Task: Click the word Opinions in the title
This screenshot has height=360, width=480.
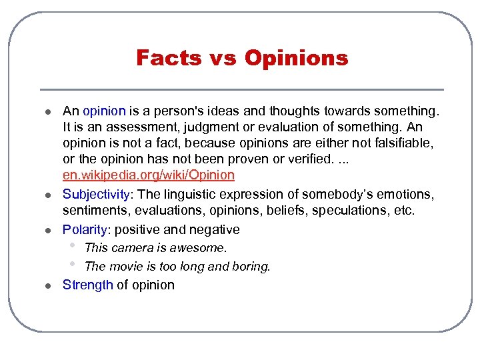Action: [x=296, y=58]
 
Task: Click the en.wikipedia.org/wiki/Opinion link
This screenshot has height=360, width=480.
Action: [x=149, y=175]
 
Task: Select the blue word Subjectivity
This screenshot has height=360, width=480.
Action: [x=95, y=194]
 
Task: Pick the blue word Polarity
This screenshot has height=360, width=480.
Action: [x=84, y=229]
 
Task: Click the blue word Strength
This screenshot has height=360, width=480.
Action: [x=88, y=285]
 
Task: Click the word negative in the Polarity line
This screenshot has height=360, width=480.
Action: [x=215, y=229]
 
